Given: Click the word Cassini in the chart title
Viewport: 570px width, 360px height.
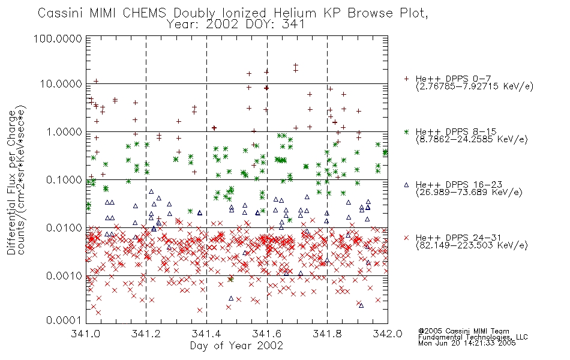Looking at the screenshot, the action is [61, 13].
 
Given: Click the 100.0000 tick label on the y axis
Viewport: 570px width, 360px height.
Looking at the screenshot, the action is [58, 38].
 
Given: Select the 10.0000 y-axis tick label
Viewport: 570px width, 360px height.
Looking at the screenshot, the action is [61, 84].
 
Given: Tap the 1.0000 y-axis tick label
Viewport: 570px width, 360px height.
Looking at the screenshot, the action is [64, 131].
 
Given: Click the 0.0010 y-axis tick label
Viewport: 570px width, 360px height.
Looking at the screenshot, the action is [64, 275].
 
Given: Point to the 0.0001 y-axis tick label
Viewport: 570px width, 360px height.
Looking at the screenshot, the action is [64, 320].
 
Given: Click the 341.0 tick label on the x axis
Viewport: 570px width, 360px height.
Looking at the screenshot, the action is [86, 334].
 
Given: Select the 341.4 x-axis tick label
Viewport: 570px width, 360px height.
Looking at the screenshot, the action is [206, 334].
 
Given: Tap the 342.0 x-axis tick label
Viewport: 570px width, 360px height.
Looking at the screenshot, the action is [388, 334].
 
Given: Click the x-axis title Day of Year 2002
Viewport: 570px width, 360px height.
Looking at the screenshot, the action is [236, 346].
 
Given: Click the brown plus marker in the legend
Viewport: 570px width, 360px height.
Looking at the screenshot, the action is [406, 79].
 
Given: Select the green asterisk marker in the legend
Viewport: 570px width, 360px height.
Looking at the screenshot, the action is [406, 131].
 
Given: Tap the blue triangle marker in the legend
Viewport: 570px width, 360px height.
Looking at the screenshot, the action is [406, 185].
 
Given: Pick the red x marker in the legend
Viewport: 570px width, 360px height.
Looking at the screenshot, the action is [406, 238].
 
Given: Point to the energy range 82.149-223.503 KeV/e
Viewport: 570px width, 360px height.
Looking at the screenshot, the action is [472, 245].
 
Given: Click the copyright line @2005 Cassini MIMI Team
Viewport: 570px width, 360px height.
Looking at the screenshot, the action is [463, 331].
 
